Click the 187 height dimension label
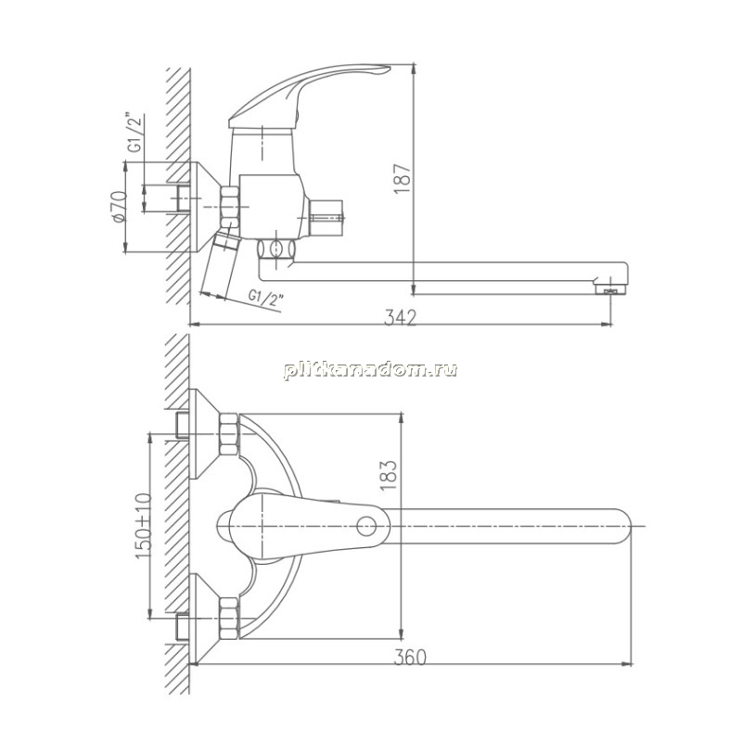tap(402, 178)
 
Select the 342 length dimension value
tap(400, 317)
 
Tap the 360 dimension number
tap(410, 657)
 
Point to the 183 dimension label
tap(388, 475)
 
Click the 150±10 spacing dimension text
tap(145, 526)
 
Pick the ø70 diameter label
tap(119, 206)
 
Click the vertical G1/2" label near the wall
tap(135, 132)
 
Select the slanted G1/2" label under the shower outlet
tap(266, 299)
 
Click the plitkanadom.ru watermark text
tap(370, 369)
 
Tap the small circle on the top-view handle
tap(366, 526)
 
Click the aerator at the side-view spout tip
tap(610, 289)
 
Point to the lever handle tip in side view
tap(383, 70)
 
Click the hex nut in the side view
tap(230, 207)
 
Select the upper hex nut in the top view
tap(229, 434)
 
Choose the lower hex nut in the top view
tap(229, 619)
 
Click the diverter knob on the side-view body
tap(326, 218)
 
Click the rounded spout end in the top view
tap(623, 526)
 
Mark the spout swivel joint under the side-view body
tap(276, 249)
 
